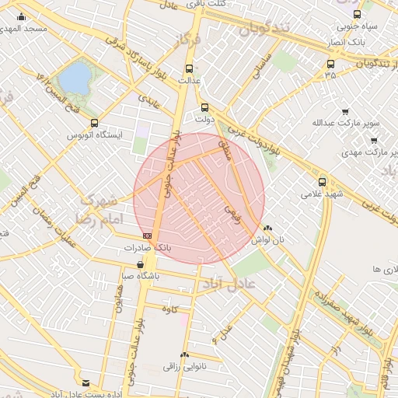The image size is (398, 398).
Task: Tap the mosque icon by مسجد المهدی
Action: click(x=21, y=16)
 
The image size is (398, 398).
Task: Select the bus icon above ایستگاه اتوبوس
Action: click(x=94, y=123)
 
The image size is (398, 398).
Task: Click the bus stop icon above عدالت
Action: click(x=189, y=68)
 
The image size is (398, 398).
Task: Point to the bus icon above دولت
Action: click(x=205, y=108)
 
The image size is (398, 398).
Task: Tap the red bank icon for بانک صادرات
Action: click(x=147, y=236)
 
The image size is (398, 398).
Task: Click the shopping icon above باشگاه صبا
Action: click(x=140, y=264)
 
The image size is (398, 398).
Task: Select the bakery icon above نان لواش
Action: click(x=268, y=229)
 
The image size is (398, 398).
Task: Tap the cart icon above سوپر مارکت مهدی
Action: click(x=374, y=140)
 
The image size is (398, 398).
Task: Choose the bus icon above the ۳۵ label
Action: click(x=331, y=65)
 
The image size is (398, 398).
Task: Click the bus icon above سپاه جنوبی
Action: click(x=357, y=14)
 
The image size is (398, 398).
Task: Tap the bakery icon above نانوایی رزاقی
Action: click(x=185, y=354)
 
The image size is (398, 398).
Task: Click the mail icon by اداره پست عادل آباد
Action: click(x=86, y=383)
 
